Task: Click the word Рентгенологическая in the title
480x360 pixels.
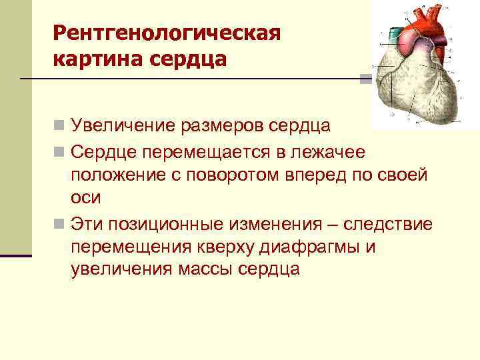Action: click(167, 33)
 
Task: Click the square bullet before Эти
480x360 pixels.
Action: click(59, 222)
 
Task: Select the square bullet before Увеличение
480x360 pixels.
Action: click(59, 125)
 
